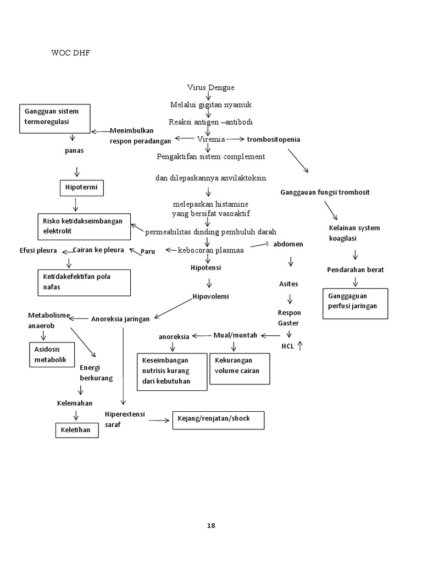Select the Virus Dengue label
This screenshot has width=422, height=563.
pyautogui.click(x=210, y=87)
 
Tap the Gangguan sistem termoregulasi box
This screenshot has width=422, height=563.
pyautogui.click(x=54, y=118)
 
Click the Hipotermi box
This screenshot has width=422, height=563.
pyautogui.click(x=81, y=189)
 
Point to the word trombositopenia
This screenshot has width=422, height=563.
pyautogui.click(x=274, y=140)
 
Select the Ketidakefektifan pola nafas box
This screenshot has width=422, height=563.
pyautogui.click(x=84, y=283)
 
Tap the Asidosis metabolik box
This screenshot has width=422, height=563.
pyautogui.click(x=51, y=355)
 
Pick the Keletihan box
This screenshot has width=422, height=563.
pyautogui.click(x=77, y=429)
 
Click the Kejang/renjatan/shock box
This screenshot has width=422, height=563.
pyautogui.click(x=218, y=420)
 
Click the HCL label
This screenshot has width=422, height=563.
pyautogui.click(x=287, y=346)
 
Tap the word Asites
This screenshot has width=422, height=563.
pyautogui.click(x=288, y=284)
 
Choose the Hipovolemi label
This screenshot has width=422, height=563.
pyautogui.click(x=210, y=296)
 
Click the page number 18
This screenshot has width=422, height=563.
pyautogui.click(x=211, y=525)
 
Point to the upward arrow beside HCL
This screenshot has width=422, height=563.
pyautogui.click(x=300, y=346)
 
